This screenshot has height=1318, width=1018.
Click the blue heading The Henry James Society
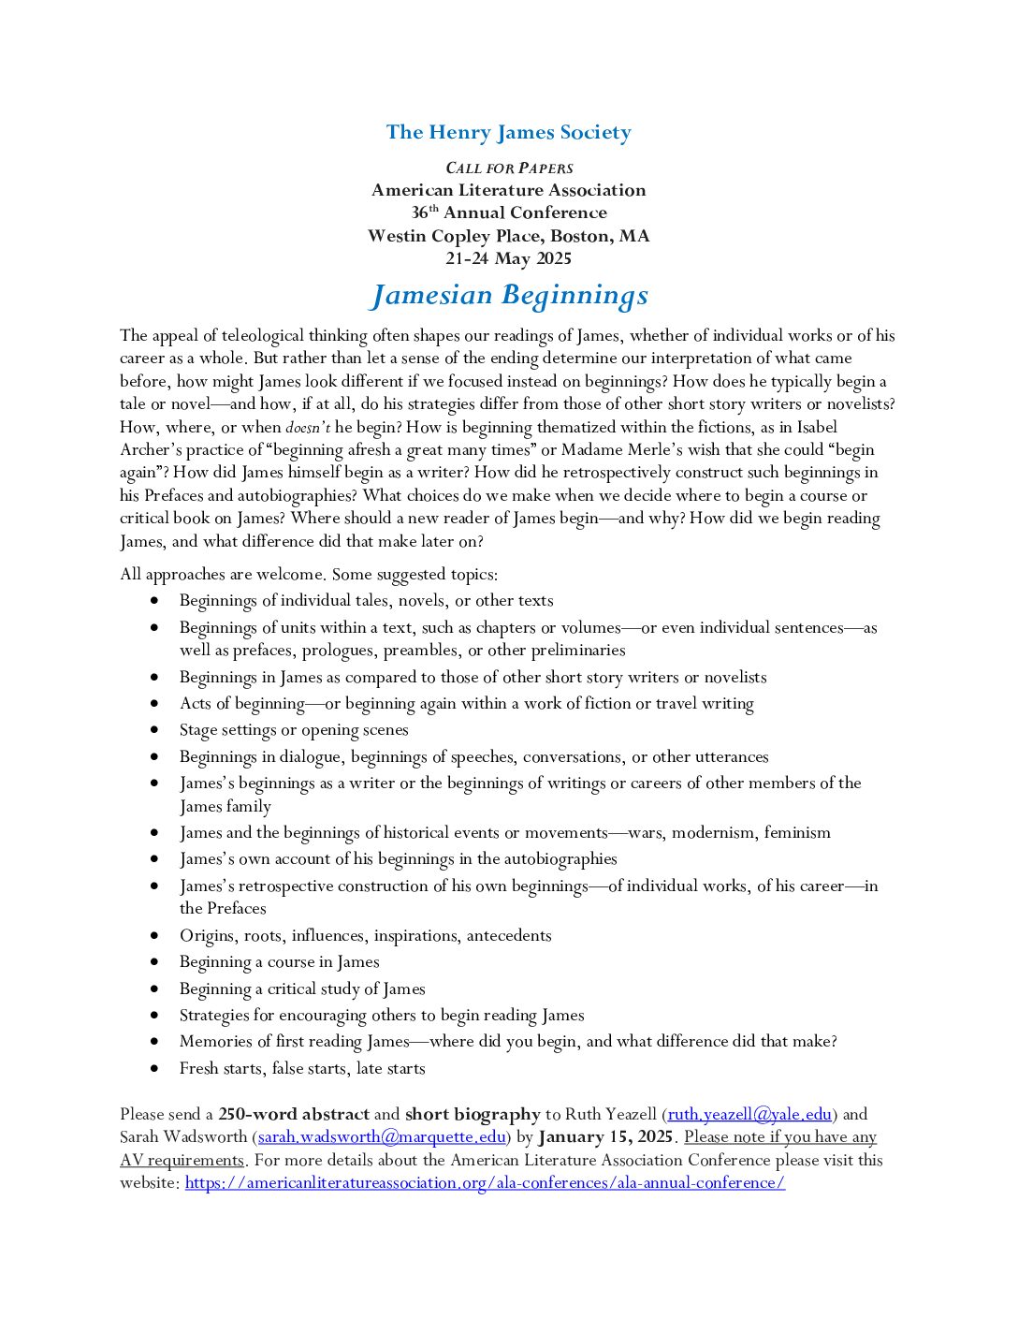pyautogui.click(x=508, y=132)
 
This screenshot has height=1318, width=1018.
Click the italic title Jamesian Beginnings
pyautogui.click(x=509, y=295)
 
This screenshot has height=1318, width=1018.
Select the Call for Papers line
pyautogui.click(x=509, y=168)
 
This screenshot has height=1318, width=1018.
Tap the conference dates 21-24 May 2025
pyautogui.click(x=508, y=258)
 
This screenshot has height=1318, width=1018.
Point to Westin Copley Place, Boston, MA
pyautogui.click(x=508, y=236)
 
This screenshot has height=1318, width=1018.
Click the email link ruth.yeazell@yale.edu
pyautogui.click(x=749, y=1114)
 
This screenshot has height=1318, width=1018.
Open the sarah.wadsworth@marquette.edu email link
pyautogui.click(x=382, y=1136)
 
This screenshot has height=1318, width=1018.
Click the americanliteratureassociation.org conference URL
pyautogui.click(x=485, y=1182)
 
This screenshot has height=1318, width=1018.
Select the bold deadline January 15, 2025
pyautogui.click(x=605, y=1136)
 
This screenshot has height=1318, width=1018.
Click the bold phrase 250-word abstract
pyautogui.click(x=294, y=1114)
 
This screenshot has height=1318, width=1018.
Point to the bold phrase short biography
pyautogui.click(x=473, y=1114)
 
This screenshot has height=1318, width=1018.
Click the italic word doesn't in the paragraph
pyautogui.click(x=308, y=428)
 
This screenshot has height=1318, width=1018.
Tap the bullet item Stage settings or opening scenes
pyautogui.click(x=294, y=730)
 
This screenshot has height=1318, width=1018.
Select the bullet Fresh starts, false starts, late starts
pyautogui.click(x=302, y=1068)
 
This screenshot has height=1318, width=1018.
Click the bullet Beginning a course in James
pyautogui.click(x=279, y=961)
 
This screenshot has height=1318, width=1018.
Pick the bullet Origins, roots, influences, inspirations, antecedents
pyautogui.click(x=365, y=935)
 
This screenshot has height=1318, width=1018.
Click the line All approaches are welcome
pyautogui.click(x=309, y=574)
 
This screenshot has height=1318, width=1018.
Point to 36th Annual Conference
pyautogui.click(x=509, y=213)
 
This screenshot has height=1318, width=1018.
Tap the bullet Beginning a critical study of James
pyautogui.click(x=302, y=988)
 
